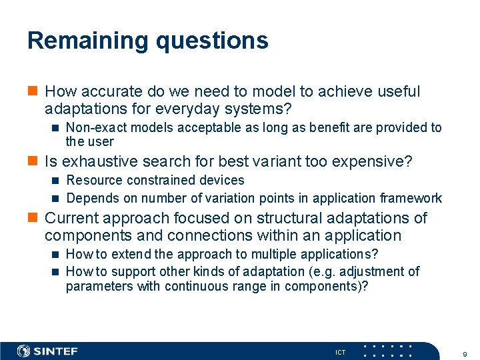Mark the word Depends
coord(91,198)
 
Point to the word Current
coord(71,218)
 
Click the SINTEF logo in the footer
coord(47,351)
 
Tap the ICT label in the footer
coord(340,352)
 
